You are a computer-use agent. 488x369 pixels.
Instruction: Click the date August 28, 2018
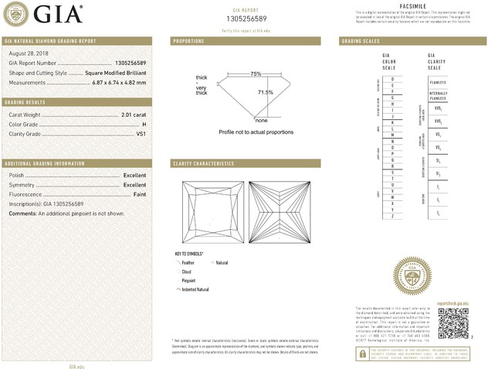coord(28,53)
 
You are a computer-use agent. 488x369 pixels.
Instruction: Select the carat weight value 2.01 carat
coord(134,115)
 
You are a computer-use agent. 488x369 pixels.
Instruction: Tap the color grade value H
coord(144,125)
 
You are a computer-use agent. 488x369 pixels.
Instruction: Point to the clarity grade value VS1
coord(141,134)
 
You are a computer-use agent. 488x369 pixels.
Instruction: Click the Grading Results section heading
coord(26,102)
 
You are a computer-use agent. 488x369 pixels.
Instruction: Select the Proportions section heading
coord(188,40)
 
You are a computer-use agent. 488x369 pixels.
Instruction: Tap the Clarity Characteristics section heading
coord(203,164)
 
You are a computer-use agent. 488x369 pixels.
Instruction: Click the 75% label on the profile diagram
coord(256,73)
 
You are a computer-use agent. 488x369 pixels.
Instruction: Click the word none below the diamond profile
coord(261,121)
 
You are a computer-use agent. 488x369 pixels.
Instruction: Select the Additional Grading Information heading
coord(44,164)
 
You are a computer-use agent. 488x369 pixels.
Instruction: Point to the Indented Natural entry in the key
coord(195,289)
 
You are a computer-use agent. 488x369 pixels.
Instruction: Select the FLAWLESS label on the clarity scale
coord(438,80)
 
